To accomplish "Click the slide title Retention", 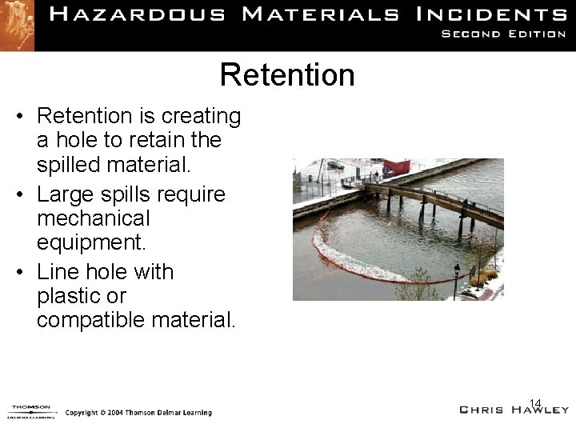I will click(287, 75).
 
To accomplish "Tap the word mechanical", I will click(93, 218).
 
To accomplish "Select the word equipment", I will click(92, 242).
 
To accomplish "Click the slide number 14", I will click(535, 402).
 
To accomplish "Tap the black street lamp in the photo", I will click(458, 280).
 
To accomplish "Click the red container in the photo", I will click(396, 166).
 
